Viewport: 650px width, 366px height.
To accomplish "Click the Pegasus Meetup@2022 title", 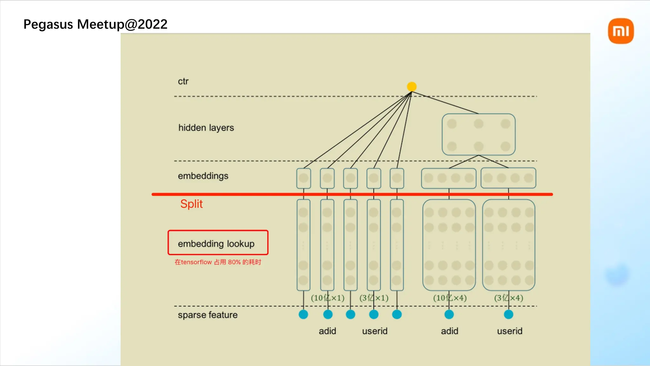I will (x=95, y=24).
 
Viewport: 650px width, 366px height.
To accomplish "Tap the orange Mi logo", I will (x=621, y=31).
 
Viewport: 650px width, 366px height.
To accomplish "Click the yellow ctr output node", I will (x=412, y=86).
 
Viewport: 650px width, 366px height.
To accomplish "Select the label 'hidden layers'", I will (x=206, y=128).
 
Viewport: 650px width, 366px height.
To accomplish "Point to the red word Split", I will (x=191, y=204).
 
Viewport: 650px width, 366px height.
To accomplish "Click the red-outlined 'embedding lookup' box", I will (x=218, y=243).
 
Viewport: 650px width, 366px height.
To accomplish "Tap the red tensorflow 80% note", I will (x=218, y=262).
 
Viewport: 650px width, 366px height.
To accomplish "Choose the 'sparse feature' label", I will (x=208, y=315).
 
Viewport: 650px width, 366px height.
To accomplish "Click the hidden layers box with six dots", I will (x=478, y=135).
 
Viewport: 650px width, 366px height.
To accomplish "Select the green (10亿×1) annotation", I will (x=328, y=298).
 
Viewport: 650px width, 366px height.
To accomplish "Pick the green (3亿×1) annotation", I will (x=374, y=298).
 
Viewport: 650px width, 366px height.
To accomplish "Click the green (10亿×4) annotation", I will (x=450, y=298).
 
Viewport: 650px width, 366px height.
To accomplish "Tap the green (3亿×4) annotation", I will (x=508, y=298).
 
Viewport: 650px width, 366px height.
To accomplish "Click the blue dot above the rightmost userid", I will (x=508, y=315).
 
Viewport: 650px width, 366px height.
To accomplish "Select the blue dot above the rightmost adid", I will (x=449, y=315).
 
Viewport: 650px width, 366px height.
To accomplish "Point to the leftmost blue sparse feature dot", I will (x=303, y=315).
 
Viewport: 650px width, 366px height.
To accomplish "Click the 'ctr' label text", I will (x=183, y=81).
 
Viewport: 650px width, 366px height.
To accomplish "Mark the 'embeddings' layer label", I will (x=203, y=176).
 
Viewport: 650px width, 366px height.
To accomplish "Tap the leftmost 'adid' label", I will (x=327, y=331).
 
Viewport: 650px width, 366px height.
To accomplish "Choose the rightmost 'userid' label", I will (x=510, y=331).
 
